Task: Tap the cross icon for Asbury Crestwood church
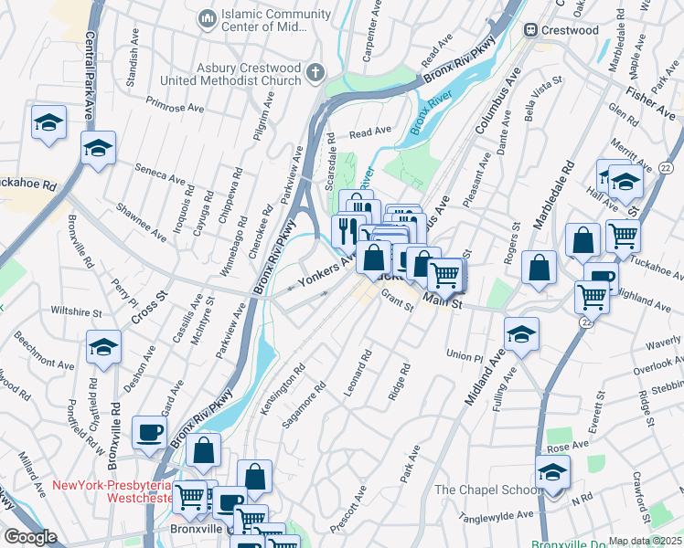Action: (315, 72)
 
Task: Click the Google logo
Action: (30, 536)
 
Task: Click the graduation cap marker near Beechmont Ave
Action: (104, 347)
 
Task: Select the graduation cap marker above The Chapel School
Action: (552, 472)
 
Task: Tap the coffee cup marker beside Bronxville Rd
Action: (149, 432)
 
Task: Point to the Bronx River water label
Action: (432, 117)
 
